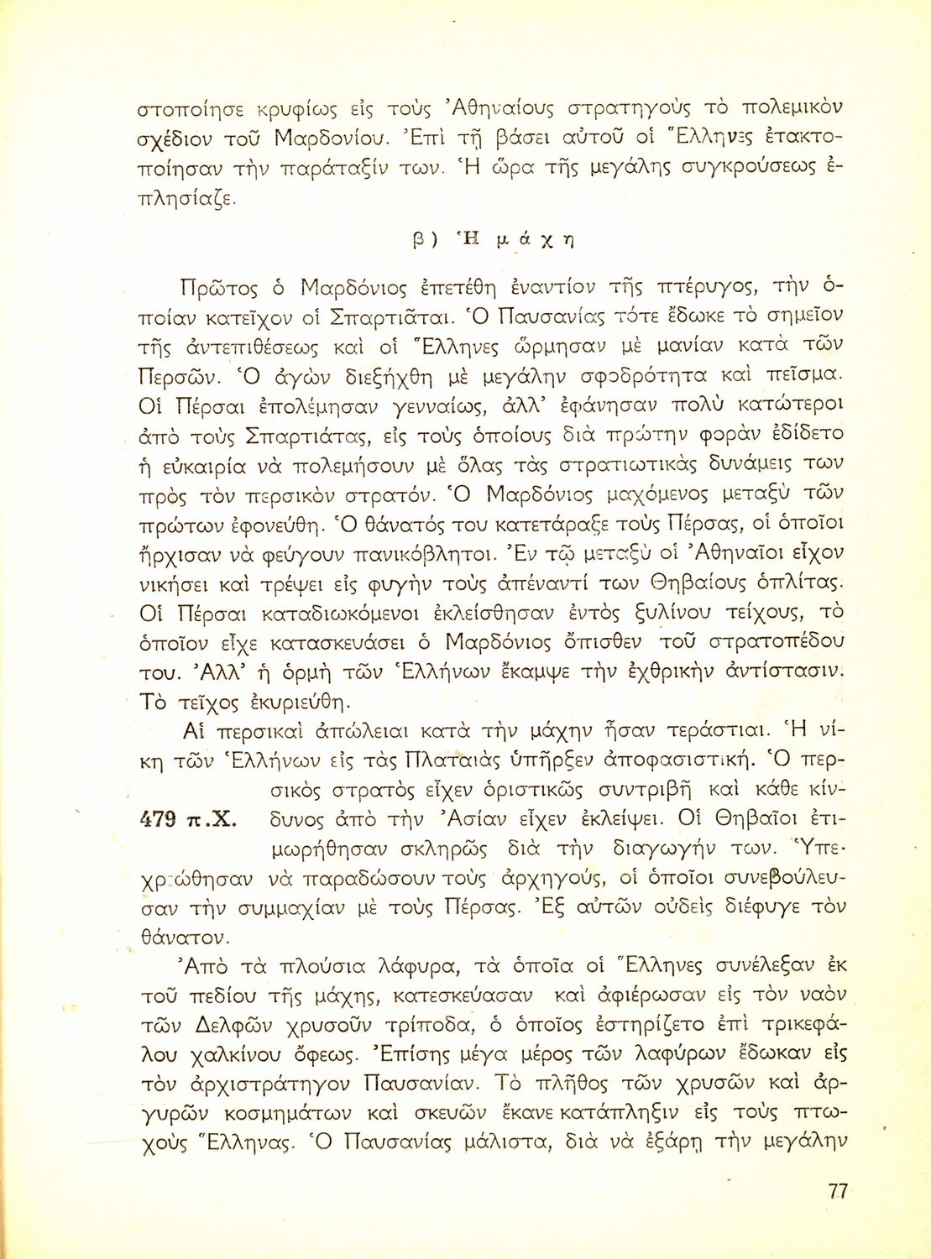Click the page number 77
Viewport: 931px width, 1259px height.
[837, 1191]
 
